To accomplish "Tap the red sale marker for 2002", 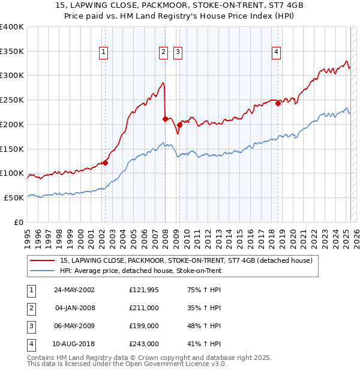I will tap(105, 162).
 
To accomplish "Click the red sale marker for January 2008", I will tap(165, 119).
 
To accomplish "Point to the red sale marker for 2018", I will tap(278, 103).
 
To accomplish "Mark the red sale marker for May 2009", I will tap(179, 125).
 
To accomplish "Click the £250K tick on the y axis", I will tap(12, 100).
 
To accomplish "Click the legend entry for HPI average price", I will tap(141, 271).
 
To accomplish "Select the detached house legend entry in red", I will tap(186, 260).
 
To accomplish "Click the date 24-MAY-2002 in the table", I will tap(74, 290).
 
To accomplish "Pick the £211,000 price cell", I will tap(144, 308).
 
